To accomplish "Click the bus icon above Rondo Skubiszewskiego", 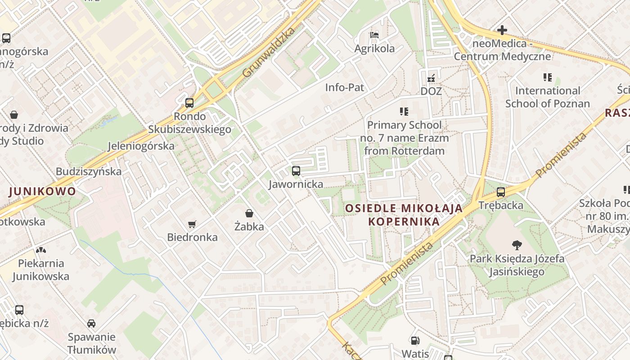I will (x=189, y=103).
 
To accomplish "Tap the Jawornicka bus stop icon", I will (x=296, y=171).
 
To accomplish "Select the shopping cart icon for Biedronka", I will (x=192, y=224).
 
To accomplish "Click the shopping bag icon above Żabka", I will (x=249, y=213).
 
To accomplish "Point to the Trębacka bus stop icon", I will (x=501, y=193).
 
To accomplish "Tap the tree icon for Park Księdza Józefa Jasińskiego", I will (x=517, y=245).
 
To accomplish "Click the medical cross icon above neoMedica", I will (x=502, y=31).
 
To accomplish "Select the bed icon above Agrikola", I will (x=374, y=35).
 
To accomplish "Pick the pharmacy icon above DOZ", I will (x=431, y=78).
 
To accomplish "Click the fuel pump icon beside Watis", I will (x=415, y=341).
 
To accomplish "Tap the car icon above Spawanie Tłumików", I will (x=91, y=324).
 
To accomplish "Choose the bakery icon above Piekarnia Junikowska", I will (x=41, y=250).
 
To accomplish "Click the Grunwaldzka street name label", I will (x=269, y=52).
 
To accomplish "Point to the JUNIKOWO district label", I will (x=43, y=191).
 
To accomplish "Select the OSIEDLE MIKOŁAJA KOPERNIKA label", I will (x=404, y=215).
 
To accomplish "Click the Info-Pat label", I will (x=345, y=87).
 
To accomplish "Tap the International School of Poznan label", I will (x=547, y=97).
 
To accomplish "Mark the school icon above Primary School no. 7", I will (x=404, y=111).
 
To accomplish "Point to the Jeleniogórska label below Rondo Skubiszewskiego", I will (x=141, y=146).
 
